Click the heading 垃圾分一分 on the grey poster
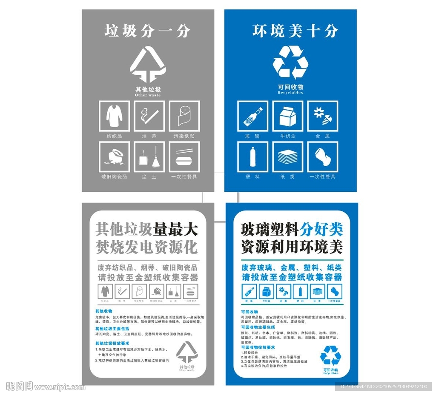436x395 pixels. [x=147, y=31]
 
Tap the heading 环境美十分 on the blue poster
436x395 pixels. [x=295, y=31]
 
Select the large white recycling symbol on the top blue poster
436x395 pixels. [x=290, y=63]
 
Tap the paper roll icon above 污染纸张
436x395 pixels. [x=184, y=116]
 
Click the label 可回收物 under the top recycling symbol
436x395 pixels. [x=290, y=87]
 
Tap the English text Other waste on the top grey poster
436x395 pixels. [x=148, y=95]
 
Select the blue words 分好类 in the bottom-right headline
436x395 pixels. [x=321, y=230]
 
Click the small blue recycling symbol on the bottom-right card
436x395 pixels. [x=330, y=355]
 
